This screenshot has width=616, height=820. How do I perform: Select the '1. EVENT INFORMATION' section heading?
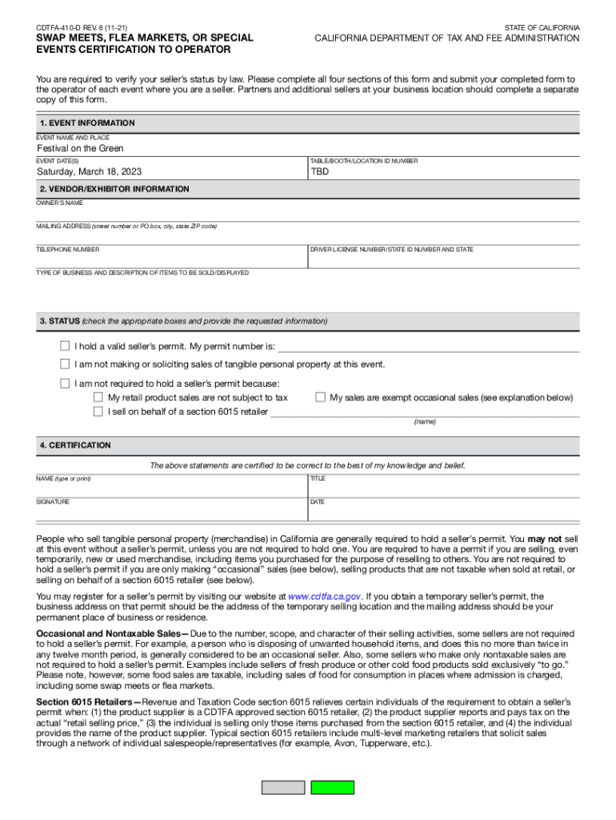[x=87, y=123]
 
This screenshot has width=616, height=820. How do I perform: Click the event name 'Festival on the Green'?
[x=80, y=149]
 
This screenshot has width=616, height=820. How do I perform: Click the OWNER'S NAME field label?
[x=59, y=203]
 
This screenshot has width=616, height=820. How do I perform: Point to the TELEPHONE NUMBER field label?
[x=68, y=250]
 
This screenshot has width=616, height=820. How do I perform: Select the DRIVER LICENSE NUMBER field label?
[x=391, y=250]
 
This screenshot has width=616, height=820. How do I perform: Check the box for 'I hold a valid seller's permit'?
[x=65, y=347]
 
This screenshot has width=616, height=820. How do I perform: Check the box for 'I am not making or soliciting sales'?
[x=65, y=364]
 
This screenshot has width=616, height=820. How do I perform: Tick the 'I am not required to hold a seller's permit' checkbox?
[x=65, y=384]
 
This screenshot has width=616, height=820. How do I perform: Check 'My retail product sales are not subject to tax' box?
[x=98, y=397]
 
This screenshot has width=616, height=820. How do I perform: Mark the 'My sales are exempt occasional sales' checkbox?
[x=320, y=397]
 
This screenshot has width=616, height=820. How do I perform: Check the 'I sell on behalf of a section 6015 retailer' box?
[x=98, y=412]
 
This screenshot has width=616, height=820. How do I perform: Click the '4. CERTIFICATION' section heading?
[x=75, y=445]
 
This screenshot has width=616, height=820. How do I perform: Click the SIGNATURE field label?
[x=53, y=502]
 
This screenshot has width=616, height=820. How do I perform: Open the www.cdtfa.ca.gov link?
[x=325, y=597]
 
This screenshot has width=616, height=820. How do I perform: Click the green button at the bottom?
[x=332, y=787]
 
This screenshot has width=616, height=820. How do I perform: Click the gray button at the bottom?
[x=283, y=787]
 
